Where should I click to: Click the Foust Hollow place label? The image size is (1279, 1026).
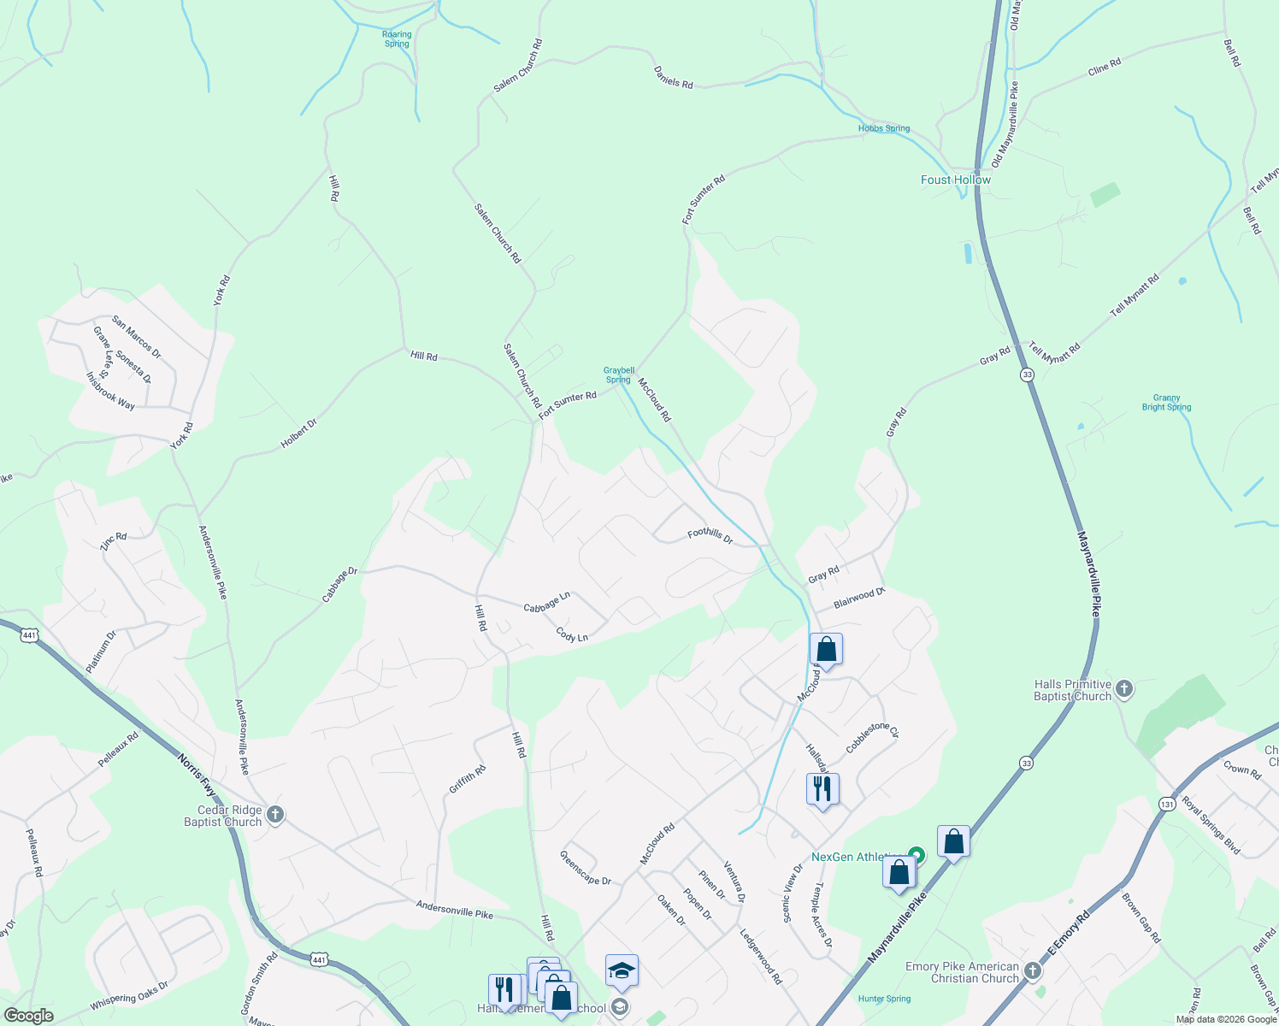coord(955,180)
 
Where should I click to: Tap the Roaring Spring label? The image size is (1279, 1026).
coord(397,39)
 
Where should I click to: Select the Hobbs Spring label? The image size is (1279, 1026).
coord(884,129)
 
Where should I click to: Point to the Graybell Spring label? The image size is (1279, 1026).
coord(619,375)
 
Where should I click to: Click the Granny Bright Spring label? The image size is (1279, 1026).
coord(1166,403)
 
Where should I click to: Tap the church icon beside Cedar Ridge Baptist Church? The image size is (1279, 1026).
coord(275,814)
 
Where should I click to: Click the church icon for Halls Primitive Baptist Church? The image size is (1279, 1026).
coord(1124,688)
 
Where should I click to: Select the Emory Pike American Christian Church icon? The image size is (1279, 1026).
coord(1033,970)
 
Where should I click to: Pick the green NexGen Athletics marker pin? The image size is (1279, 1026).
coord(917,854)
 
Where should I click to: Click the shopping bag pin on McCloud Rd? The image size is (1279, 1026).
coord(826,651)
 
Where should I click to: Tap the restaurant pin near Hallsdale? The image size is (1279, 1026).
coord(822,790)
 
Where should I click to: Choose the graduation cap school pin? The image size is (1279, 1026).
coord(622,971)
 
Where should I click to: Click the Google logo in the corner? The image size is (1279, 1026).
coord(28,1016)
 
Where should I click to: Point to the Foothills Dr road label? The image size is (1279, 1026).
coord(710,535)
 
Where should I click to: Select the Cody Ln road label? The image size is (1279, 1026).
coord(572,635)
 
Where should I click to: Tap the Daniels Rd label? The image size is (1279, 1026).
coord(673,77)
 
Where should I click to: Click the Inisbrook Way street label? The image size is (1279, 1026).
coord(110,390)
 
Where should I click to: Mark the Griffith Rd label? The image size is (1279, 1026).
coord(468,779)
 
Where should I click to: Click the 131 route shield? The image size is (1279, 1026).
coord(1167,804)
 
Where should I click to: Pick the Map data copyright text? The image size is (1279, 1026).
coord(1225,1019)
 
